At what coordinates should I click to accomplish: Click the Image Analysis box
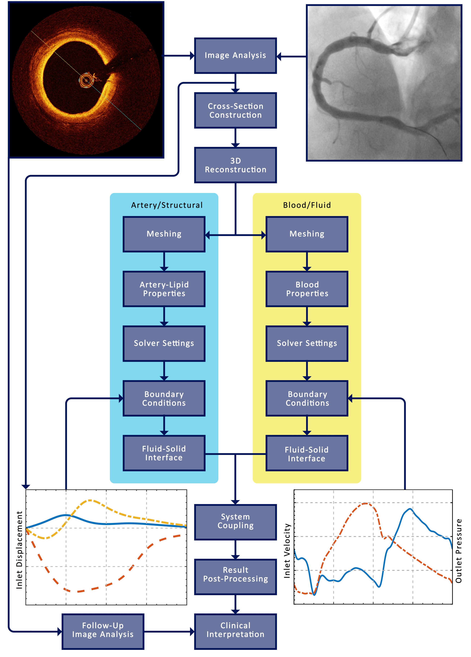[x=235, y=55]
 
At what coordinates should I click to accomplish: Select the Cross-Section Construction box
[x=235, y=110]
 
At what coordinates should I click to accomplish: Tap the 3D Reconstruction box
[x=235, y=165]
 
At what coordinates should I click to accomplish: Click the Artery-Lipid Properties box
[x=164, y=289]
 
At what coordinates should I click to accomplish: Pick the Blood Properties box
[x=307, y=289]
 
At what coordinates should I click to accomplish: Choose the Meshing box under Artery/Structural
[x=164, y=234]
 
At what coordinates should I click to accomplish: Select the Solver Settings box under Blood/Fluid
[x=307, y=343]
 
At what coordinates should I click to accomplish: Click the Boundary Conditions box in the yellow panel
[x=307, y=398]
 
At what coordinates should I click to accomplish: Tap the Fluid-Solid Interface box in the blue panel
[x=164, y=453]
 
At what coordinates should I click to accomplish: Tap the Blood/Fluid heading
[x=307, y=205]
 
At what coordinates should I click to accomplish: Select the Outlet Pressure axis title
[x=459, y=550]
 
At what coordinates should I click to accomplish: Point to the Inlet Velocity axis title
[x=287, y=550]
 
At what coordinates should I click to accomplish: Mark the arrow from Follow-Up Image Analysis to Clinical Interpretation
[x=169, y=631]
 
